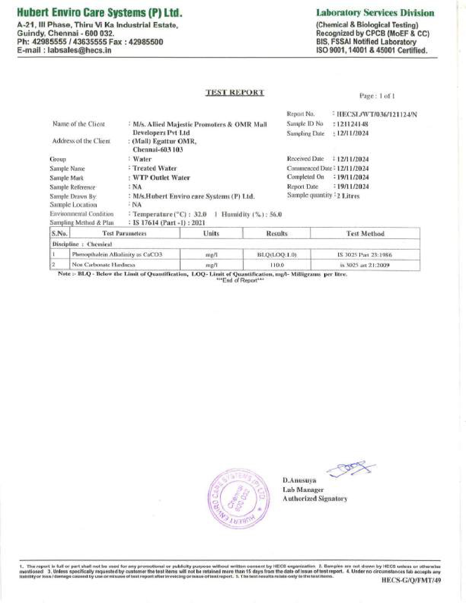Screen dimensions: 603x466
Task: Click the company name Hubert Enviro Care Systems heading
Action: click(99, 13)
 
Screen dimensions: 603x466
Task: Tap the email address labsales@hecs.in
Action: click(64, 50)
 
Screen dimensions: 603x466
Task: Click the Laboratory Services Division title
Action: click(375, 13)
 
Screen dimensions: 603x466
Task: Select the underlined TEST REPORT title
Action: click(235, 92)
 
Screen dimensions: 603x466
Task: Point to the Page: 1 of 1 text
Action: click(377, 96)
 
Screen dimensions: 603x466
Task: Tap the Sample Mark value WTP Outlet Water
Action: click(161, 178)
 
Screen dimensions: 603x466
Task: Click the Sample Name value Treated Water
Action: click(155, 168)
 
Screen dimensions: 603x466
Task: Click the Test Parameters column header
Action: click(124, 234)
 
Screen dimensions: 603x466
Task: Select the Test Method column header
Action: click(365, 234)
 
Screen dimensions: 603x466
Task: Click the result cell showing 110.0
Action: click(277, 265)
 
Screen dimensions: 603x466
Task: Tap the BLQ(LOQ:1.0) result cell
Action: click(277, 255)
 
